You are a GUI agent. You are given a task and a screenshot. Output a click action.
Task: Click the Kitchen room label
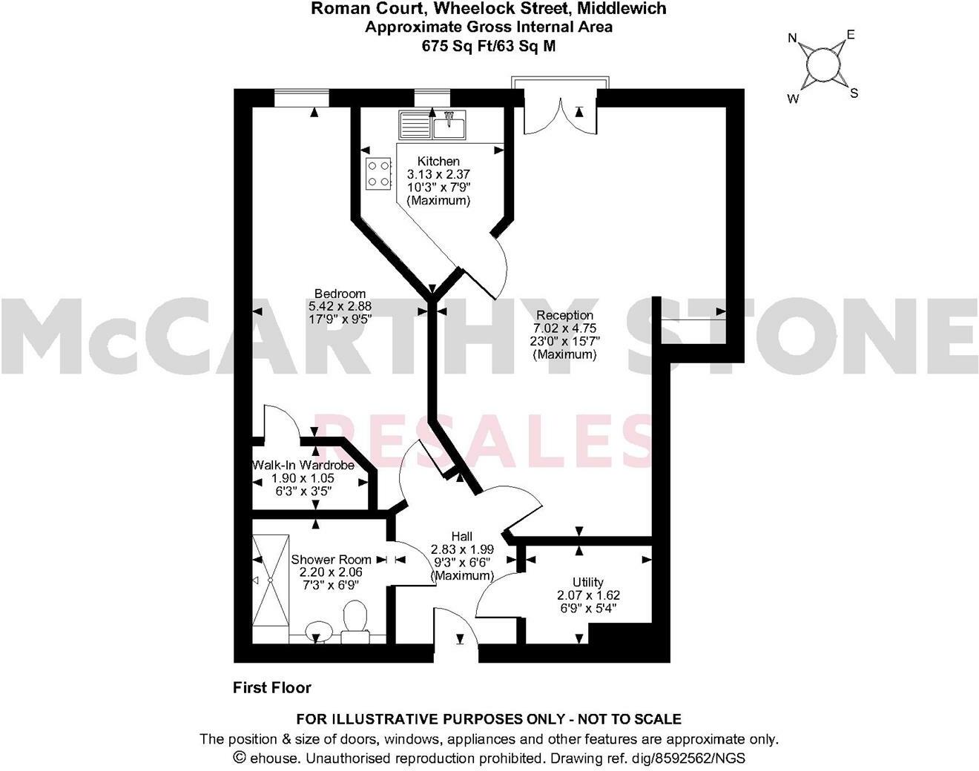click(438, 162)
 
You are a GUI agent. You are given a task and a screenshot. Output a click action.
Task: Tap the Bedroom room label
click(340, 294)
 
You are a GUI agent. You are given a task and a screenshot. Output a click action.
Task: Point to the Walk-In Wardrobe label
click(303, 466)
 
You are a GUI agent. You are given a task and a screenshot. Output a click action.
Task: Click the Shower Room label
click(331, 560)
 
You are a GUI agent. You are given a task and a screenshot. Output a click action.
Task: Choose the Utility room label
click(587, 582)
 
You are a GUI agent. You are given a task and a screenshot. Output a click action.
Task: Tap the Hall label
click(462, 537)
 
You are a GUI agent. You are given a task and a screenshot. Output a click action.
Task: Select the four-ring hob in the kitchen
click(378, 173)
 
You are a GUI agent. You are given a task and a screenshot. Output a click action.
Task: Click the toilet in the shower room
click(356, 617)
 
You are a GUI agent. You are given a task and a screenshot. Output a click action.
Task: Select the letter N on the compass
click(792, 39)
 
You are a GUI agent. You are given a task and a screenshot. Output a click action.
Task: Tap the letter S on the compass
click(854, 93)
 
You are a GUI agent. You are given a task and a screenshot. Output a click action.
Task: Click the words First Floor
click(272, 688)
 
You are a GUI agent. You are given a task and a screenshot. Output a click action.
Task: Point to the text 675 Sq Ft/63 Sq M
click(488, 45)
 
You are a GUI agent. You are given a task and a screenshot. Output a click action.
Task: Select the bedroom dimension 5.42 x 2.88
click(340, 305)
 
